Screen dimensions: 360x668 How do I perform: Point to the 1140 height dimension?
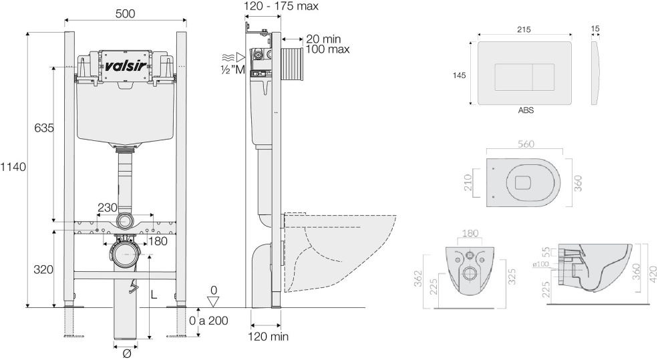[13, 167]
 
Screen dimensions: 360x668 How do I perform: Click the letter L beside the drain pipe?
[154, 295]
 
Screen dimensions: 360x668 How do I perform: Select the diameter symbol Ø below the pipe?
[126, 353]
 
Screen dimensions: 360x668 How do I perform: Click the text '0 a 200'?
[208, 320]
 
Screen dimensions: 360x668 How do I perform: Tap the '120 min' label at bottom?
[269, 337]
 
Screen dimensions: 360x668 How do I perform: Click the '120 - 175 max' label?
[282, 6]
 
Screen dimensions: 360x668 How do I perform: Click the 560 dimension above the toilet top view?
[525, 142]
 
